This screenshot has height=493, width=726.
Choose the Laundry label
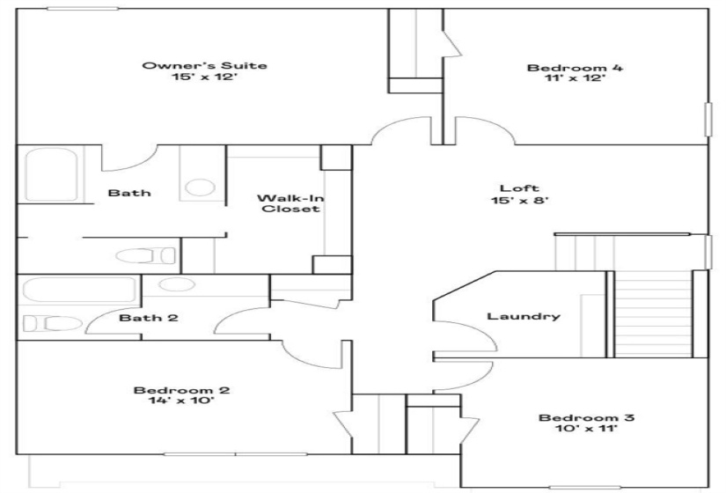[x=524, y=316]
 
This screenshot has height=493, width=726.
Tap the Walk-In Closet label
[x=289, y=203]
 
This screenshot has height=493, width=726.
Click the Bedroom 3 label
[x=574, y=417]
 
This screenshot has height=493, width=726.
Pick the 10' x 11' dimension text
[x=574, y=430]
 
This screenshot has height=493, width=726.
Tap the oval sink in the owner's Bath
[x=200, y=188]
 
